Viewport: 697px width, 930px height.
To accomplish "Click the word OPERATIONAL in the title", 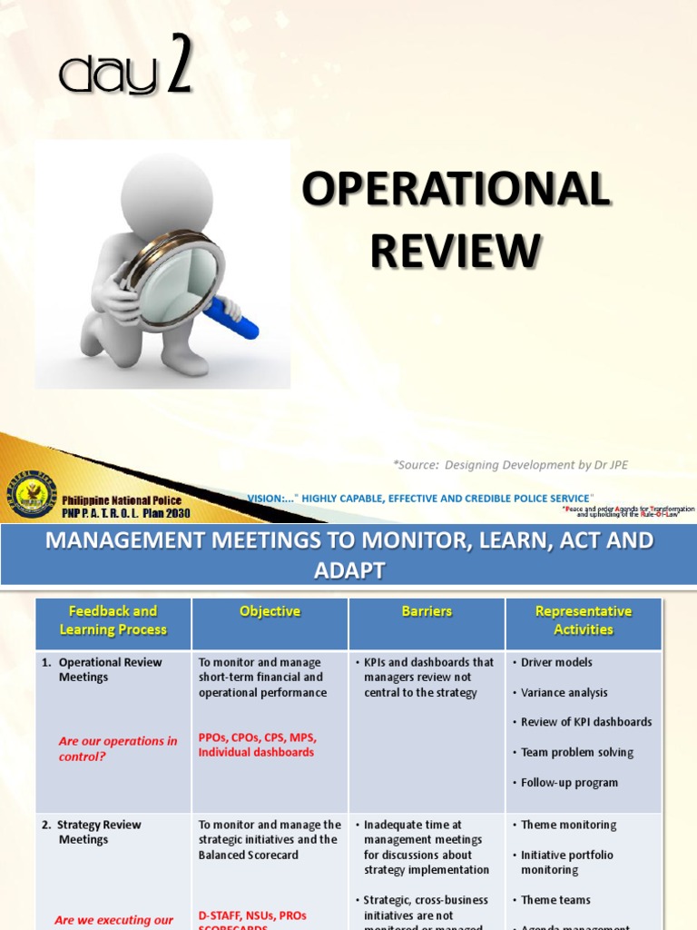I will pos(456,190).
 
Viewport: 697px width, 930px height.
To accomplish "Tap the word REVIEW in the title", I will pos(456,251).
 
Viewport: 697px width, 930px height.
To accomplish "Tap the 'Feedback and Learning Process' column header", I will pos(113,620).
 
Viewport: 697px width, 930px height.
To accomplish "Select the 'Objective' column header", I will pos(270,611).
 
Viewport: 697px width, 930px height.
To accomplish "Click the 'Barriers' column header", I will pos(427,611).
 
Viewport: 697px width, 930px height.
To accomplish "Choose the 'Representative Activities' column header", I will pos(584,620).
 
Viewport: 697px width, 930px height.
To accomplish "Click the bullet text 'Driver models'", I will pos(556,662).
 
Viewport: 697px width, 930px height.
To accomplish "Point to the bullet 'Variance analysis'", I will pos(564,692).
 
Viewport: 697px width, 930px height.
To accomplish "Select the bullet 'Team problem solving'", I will pos(577,752).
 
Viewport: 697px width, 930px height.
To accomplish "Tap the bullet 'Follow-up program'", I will pos(569,782).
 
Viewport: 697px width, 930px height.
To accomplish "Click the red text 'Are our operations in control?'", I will pos(117,748).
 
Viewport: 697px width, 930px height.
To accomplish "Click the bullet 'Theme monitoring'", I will pos(568,825).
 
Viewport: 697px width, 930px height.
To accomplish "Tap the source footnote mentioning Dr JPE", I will pos(510,465).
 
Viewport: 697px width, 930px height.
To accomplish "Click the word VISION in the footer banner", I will pos(266,498).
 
